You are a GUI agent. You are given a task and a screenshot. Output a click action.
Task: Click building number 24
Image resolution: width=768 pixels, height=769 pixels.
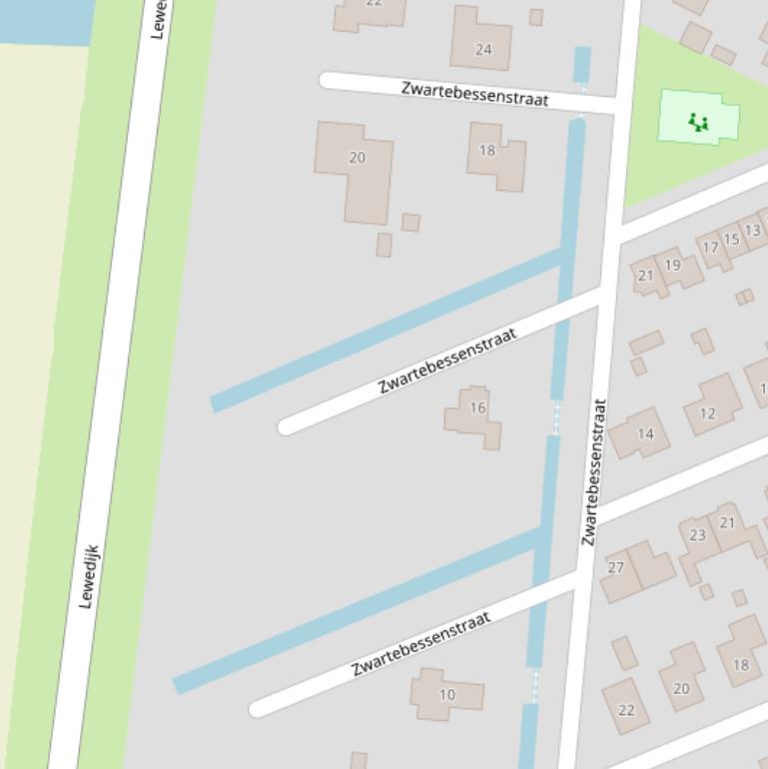point(483,49)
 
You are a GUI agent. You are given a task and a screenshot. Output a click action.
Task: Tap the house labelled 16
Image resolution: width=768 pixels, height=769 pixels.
point(477,407)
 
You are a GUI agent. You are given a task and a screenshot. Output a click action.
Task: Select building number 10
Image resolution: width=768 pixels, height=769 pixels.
point(446,695)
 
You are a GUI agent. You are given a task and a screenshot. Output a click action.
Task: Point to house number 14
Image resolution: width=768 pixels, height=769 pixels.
point(645,434)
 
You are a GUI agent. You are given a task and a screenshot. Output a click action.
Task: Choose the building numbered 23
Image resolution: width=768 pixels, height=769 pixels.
point(697,535)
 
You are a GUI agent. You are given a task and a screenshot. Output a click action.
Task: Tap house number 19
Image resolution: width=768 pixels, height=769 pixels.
point(672,266)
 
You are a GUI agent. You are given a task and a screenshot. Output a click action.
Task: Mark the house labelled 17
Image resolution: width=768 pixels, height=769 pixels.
point(710,248)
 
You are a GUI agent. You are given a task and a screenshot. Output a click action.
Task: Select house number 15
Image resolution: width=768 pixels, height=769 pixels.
point(731,240)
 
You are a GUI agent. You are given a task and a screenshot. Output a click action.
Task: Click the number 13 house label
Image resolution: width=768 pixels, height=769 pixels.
point(752,231)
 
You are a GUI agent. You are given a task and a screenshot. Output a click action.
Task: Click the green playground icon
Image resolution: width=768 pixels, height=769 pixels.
point(698,123)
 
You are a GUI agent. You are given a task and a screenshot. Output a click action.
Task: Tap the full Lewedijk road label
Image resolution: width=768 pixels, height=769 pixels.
point(89,576)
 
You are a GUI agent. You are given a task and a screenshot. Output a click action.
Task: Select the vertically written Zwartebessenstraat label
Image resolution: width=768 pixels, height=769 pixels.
point(594,471)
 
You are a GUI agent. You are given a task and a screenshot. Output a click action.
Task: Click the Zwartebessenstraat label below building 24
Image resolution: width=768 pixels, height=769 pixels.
point(474,93)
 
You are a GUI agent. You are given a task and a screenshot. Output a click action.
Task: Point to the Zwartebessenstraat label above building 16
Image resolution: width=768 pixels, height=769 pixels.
point(447,361)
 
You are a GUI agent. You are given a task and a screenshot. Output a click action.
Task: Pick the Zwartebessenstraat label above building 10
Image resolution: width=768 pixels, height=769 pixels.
point(421,645)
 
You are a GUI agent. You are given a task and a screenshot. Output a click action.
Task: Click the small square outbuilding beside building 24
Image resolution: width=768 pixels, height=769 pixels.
point(536,17)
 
